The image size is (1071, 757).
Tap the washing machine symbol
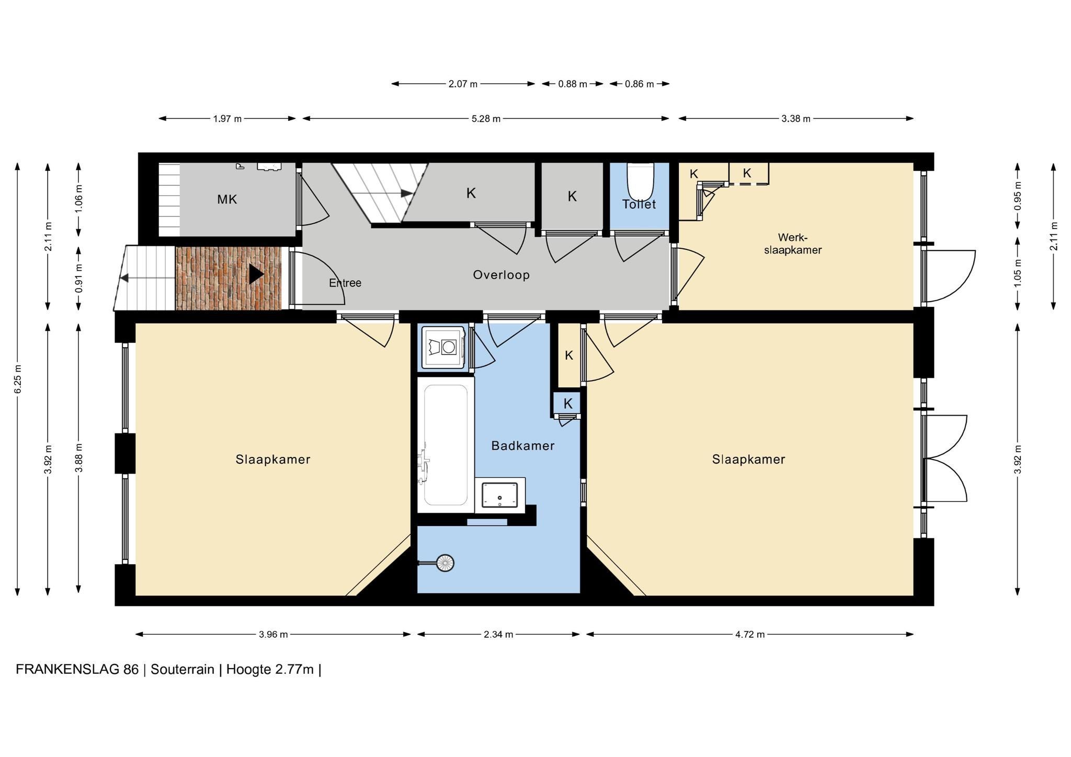443,348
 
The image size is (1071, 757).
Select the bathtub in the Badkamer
446,445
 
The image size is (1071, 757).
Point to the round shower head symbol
445,563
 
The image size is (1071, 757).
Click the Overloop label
501,275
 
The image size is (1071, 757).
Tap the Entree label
345,283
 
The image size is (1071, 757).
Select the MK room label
227,199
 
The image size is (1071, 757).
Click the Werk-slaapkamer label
793,244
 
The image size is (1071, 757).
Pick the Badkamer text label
523,446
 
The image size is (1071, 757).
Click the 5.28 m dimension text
486,119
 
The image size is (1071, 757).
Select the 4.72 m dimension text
750,635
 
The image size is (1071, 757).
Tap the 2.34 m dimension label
498,635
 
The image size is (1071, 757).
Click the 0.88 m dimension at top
573,84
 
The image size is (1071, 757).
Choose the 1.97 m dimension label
227,119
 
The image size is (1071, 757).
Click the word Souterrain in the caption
183,670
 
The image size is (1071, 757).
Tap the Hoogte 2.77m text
270,670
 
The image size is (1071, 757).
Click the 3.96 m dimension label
273,635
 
